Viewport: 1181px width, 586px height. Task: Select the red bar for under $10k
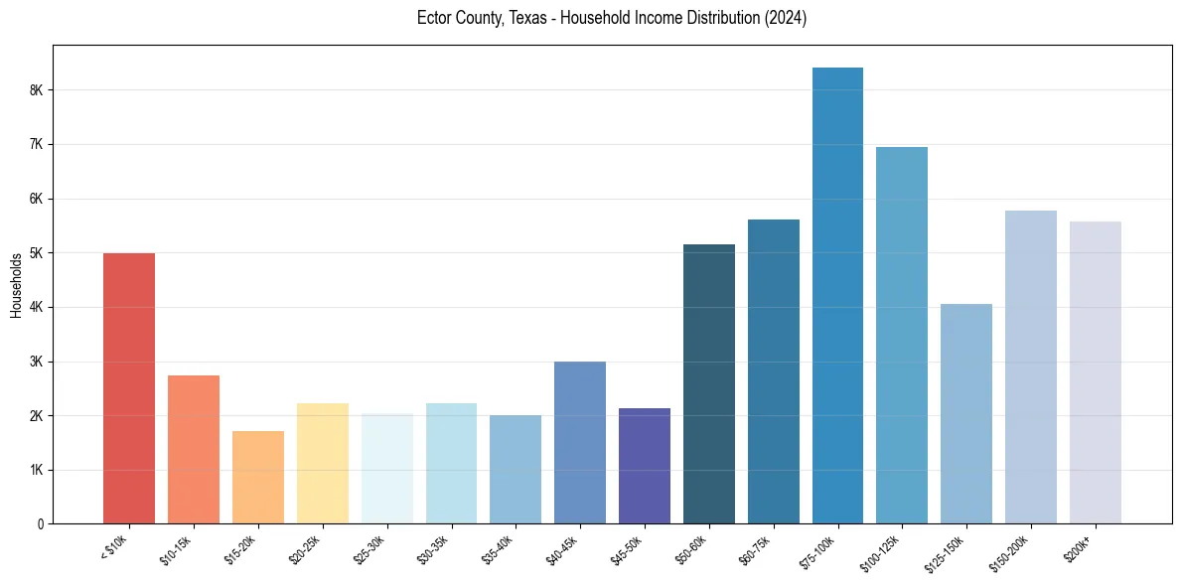pos(129,388)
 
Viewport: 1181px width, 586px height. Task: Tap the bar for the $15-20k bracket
pos(258,477)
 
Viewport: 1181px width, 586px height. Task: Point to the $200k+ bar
pos(1095,372)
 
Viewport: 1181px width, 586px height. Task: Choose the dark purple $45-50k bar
pos(645,466)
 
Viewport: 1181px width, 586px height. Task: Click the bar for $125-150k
pos(966,413)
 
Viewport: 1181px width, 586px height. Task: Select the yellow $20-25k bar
pos(323,463)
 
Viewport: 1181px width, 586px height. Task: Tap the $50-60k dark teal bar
pos(709,383)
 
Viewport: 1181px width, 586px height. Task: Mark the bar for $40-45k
pos(580,442)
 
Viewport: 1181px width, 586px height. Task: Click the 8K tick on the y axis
pos(37,90)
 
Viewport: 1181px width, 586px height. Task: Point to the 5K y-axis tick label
pos(37,253)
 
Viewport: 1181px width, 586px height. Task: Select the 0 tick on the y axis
pos(41,523)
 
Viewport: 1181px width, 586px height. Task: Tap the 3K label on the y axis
pos(37,362)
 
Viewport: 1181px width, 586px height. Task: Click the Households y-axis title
pos(16,285)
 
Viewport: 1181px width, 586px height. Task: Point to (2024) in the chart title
pos(785,18)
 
